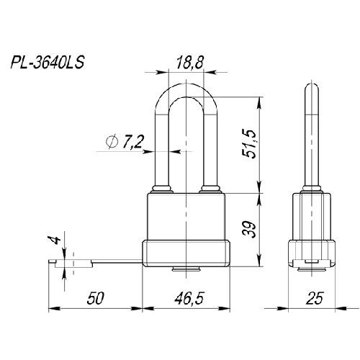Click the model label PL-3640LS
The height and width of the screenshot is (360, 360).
click(48, 63)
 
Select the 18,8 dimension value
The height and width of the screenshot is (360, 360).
click(190, 63)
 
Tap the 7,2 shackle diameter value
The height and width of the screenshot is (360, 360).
click(132, 142)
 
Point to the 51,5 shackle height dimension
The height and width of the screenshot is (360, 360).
click(249, 144)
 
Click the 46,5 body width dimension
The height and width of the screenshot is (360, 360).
click(189, 298)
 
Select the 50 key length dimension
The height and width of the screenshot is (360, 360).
click(96, 298)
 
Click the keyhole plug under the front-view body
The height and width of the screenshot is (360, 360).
click(186, 269)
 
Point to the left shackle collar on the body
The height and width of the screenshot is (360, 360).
click(162, 189)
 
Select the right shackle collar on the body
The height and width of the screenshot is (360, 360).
click(210, 189)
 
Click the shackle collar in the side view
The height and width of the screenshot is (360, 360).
click(311, 189)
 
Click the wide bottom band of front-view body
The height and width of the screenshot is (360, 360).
click(186, 253)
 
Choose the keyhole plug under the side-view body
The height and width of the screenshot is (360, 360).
click(311, 269)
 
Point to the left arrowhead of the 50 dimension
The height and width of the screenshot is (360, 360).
click(54, 308)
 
